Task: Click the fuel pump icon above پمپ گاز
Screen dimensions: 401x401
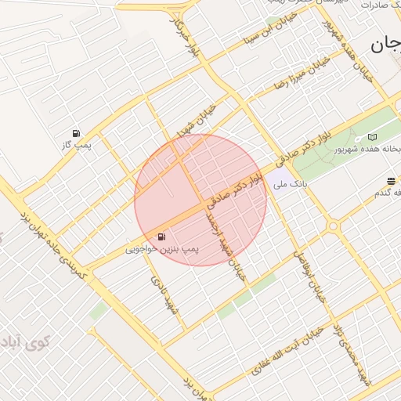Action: pos(76,133)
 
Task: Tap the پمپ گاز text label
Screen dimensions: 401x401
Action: pos(77,146)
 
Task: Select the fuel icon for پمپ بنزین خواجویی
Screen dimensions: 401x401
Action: pos(161,237)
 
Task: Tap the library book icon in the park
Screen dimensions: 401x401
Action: pos(372,137)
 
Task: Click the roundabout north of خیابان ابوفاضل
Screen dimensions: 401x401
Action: pos(333,226)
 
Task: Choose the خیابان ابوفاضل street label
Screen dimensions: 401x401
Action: pos(307,274)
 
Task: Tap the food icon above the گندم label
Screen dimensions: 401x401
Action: pos(391,182)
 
